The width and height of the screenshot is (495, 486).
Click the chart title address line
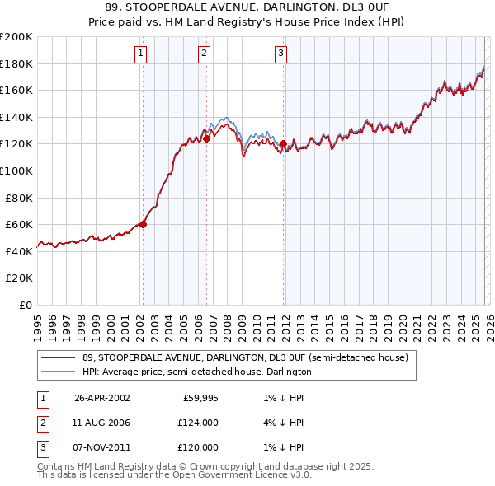(x=247, y=8)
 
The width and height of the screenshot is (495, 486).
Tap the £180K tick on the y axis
(x=16, y=63)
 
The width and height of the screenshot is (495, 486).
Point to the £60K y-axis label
(x=19, y=224)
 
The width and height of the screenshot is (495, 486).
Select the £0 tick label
(x=25, y=305)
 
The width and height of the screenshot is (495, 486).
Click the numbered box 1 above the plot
(x=141, y=54)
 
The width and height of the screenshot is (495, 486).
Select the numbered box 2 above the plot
(x=204, y=54)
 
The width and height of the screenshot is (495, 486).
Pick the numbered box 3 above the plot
(x=280, y=54)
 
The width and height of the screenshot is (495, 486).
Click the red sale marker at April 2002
(x=143, y=224)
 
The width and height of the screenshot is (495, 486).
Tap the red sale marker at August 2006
(x=206, y=138)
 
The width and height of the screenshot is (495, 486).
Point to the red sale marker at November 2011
(x=283, y=143)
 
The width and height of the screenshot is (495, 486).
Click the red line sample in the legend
(x=59, y=358)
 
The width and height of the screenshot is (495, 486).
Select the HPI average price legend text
(x=196, y=372)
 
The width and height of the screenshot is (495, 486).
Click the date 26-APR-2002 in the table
(x=101, y=398)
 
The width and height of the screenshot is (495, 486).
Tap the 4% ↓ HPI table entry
(x=281, y=423)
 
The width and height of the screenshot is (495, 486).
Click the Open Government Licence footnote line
(x=174, y=474)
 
